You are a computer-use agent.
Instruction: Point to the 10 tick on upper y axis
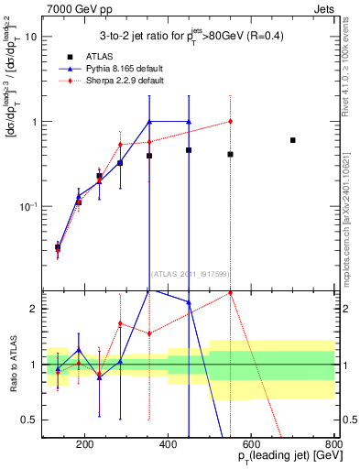pos(30,38)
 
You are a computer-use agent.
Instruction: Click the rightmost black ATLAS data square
pos(292,140)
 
